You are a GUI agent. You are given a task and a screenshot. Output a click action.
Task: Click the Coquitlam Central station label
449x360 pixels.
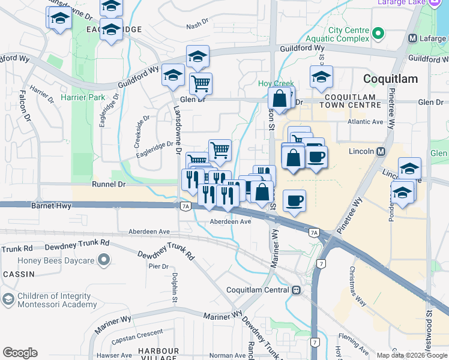[x=258, y=290]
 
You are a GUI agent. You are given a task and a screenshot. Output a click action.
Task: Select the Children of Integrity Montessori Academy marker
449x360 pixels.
[x=8, y=299]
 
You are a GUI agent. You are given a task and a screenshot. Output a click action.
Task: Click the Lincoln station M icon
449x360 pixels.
[x=381, y=152]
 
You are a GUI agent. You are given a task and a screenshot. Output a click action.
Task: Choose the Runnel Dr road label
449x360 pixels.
[x=108, y=185]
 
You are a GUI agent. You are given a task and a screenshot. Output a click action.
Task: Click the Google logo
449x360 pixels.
[x=20, y=353]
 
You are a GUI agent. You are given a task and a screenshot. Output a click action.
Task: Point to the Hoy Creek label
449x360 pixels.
[x=274, y=84]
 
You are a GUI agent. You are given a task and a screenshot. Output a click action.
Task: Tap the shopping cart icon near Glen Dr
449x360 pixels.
[x=200, y=83]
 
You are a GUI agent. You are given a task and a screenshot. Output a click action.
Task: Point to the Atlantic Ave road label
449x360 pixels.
[x=366, y=122]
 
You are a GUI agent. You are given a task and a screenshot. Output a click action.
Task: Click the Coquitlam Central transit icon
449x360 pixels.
[x=297, y=290]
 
